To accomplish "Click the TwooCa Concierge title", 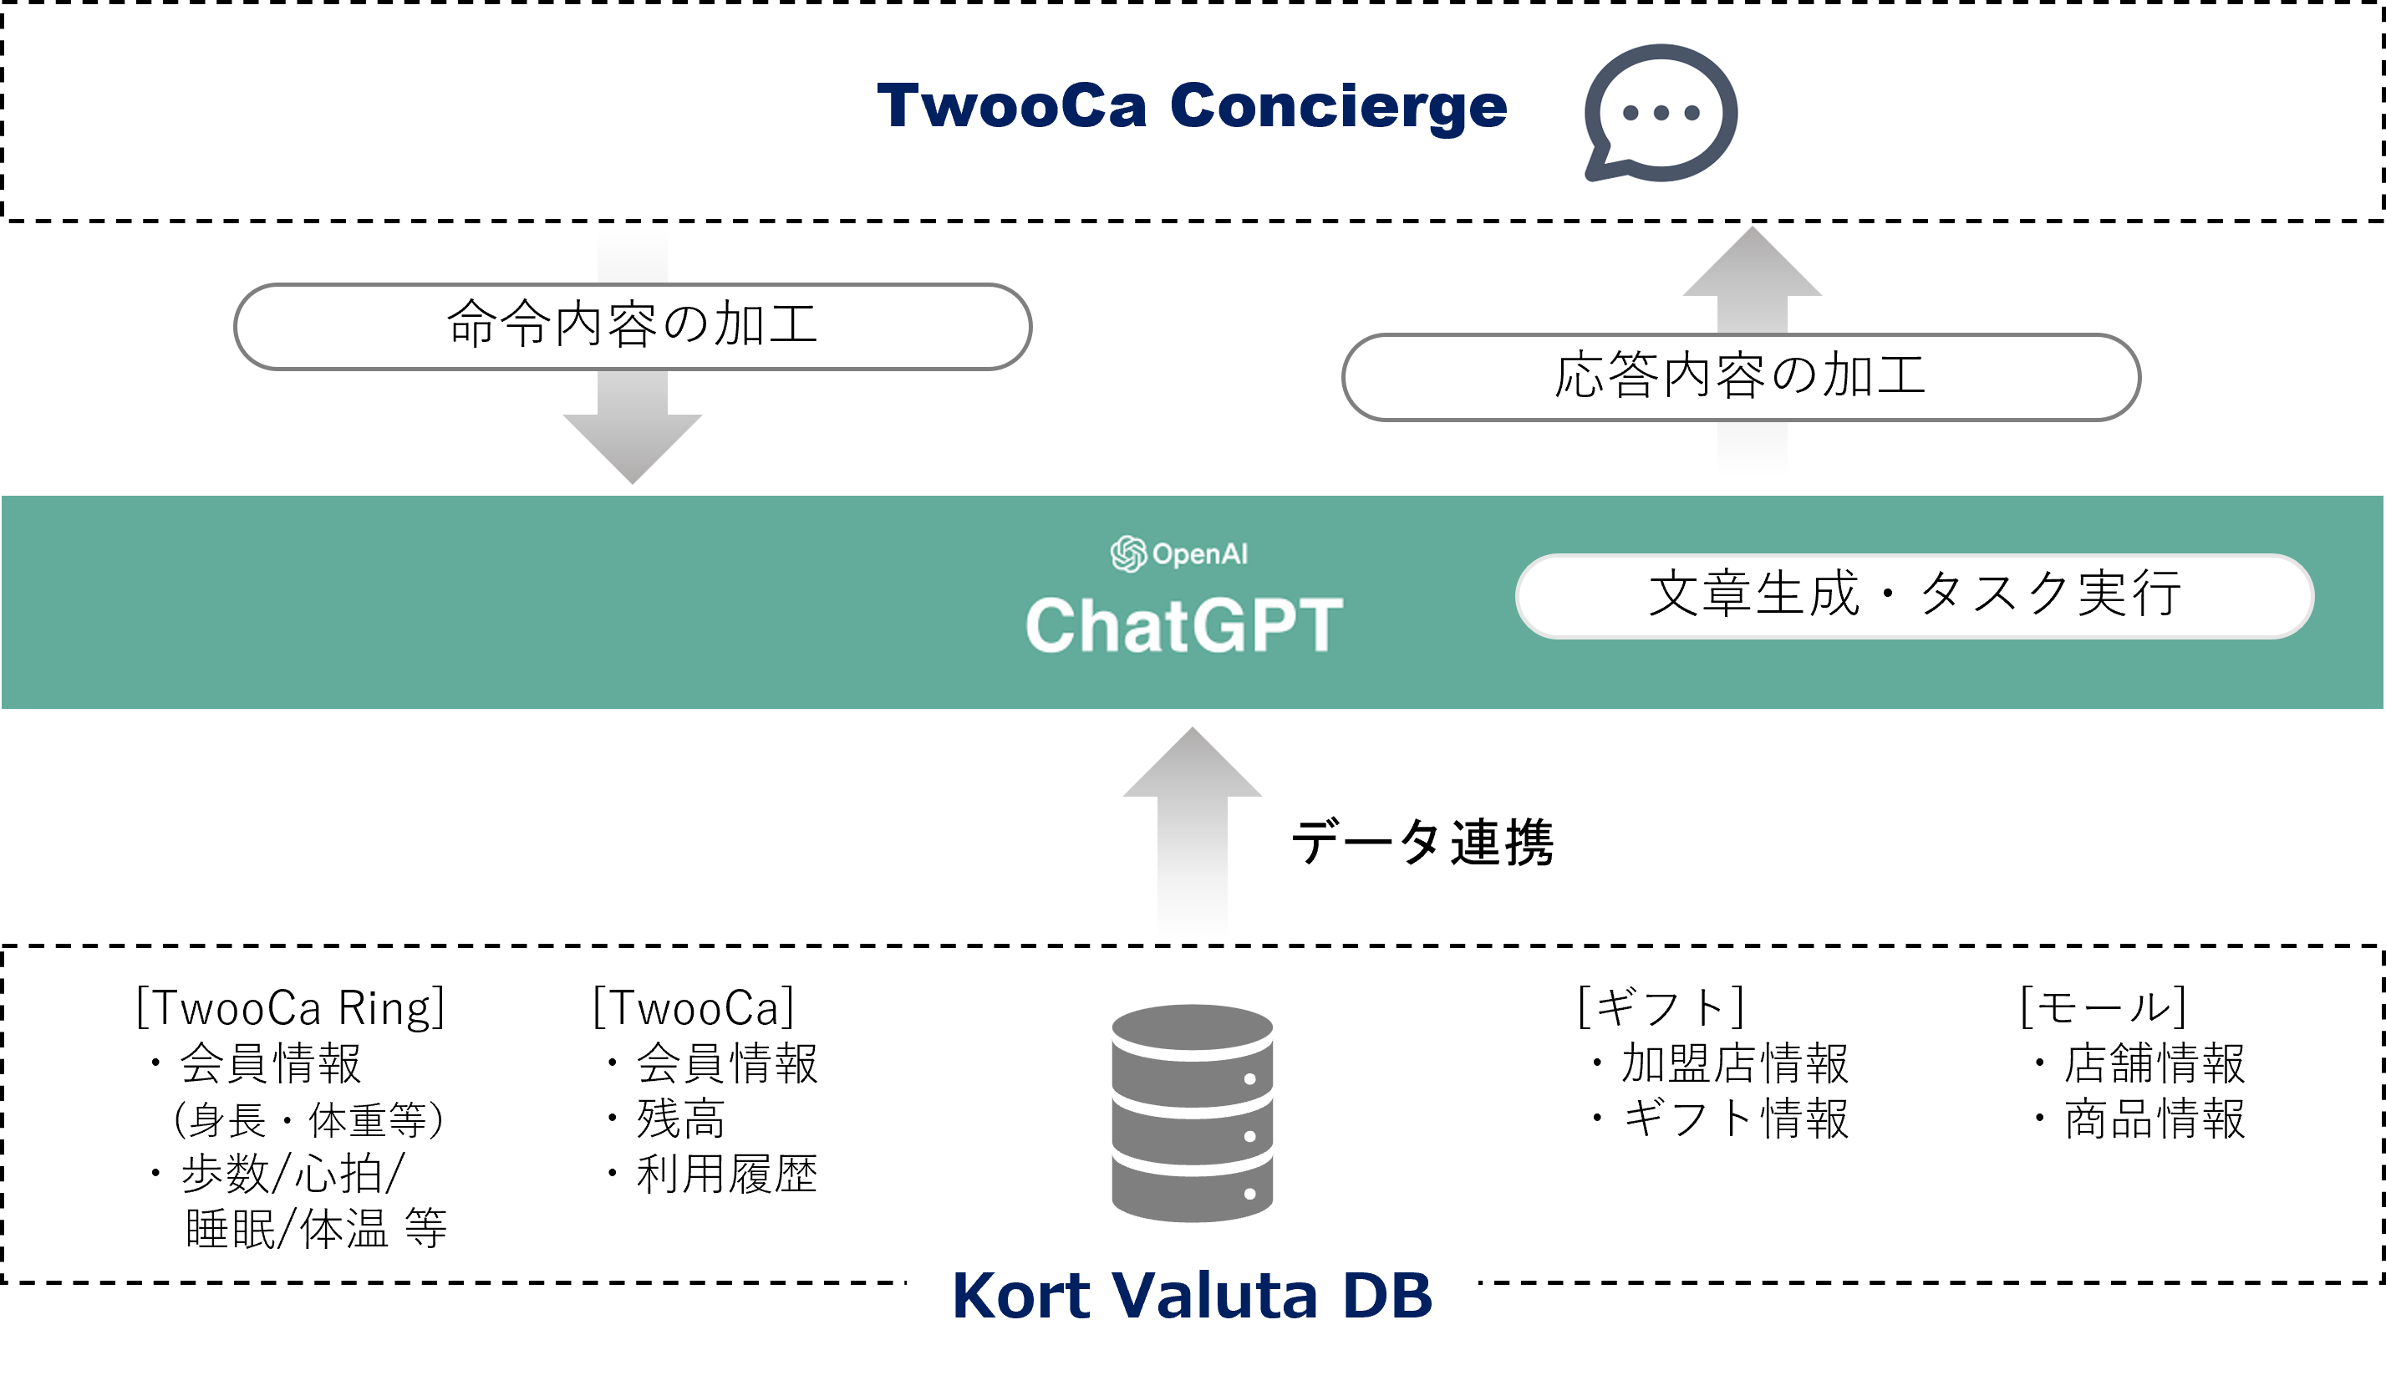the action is [1191, 106].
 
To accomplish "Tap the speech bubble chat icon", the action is [1660, 114].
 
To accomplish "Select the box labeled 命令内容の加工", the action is [632, 326].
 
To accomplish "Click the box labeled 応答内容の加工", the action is [1740, 376].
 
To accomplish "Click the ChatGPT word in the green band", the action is [1183, 624].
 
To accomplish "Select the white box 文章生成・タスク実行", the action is [1914, 595].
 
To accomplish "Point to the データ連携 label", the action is [1422, 842].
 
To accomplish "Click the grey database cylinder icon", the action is [1191, 1113].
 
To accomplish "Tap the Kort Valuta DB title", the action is [1191, 1295].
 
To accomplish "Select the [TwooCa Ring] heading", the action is [290, 1007].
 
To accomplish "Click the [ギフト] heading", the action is [1660, 1007].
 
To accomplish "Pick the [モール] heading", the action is [2103, 1007].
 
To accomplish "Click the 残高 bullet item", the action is [680, 1119].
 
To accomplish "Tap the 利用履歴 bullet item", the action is [725, 1175].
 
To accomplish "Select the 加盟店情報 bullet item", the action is [1734, 1063].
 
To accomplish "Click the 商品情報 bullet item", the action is [2154, 1119].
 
